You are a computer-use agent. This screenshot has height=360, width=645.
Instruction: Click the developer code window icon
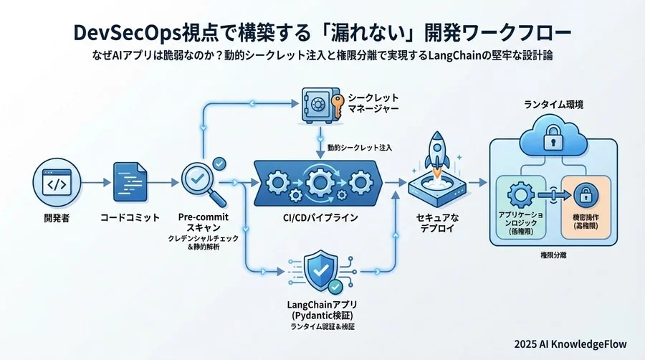(x=56, y=184)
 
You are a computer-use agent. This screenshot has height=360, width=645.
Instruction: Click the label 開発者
(x=56, y=217)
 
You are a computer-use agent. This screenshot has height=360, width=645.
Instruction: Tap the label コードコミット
(x=130, y=217)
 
